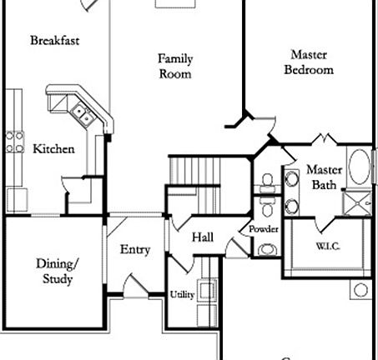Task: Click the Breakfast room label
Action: pyautogui.click(x=55, y=40)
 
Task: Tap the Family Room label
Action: pyautogui.click(x=175, y=66)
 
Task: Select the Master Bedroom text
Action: pyautogui.click(x=309, y=62)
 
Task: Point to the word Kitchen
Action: pyautogui.click(x=53, y=150)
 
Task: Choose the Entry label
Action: pyautogui.click(x=135, y=250)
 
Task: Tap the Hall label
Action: pyautogui.click(x=203, y=238)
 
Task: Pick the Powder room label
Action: pyautogui.click(x=264, y=229)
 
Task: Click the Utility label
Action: pyautogui.click(x=183, y=295)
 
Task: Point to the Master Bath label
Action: pyautogui.click(x=323, y=177)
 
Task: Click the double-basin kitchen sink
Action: pyautogui.click(x=81, y=112)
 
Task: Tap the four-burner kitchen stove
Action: pyautogui.click(x=14, y=143)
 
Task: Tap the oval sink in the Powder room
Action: pyautogui.click(x=267, y=248)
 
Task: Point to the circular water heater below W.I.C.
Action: pyautogui.click(x=360, y=290)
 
